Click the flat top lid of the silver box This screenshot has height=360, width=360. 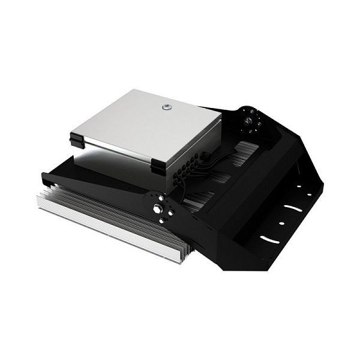[x=144, y=123]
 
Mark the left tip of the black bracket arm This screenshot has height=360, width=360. [x=45, y=176]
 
